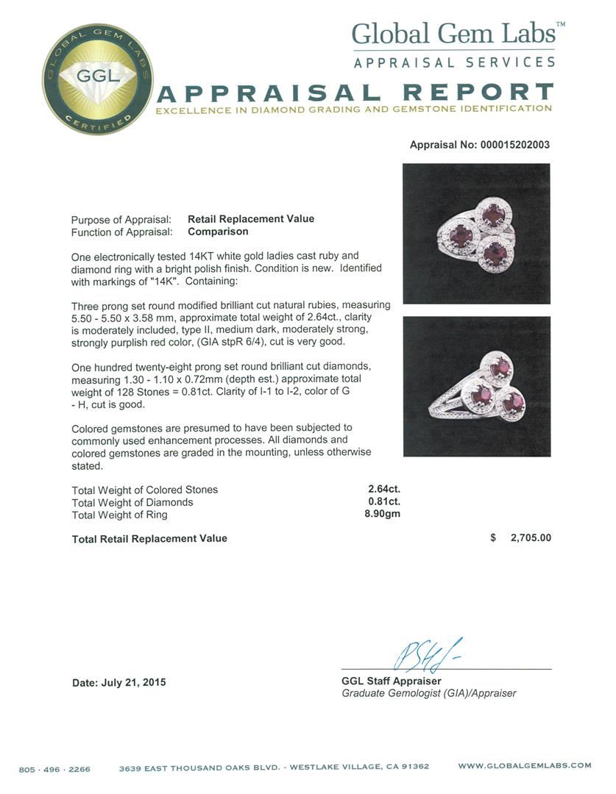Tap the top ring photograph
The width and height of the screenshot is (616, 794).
pyautogui.click(x=476, y=234)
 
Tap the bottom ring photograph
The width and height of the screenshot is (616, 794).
pyautogui.click(x=476, y=386)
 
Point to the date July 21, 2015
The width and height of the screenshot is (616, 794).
pyautogui.click(x=119, y=682)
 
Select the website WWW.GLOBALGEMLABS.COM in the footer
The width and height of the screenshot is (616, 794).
pyautogui.click(x=524, y=765)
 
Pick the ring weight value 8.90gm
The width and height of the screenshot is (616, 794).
pyautogui.click(x=383, y=515)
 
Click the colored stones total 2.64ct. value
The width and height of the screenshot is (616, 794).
pyautogui.click(x=384, y=489)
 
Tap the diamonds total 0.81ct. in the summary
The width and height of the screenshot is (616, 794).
pyautogui.click(x=384, y=502)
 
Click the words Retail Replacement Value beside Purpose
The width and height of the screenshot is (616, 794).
pyautogui.click(x=251, y=219)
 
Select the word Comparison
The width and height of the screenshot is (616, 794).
pyautogui.click(x=218, y=232)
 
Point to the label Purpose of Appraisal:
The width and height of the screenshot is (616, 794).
pyautogui.click(x=121, y=220)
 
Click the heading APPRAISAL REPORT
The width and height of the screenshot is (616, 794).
pyautogui.click(x=356, y=93)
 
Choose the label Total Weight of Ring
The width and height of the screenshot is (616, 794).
pyautogui.click(x=119, y=515)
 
